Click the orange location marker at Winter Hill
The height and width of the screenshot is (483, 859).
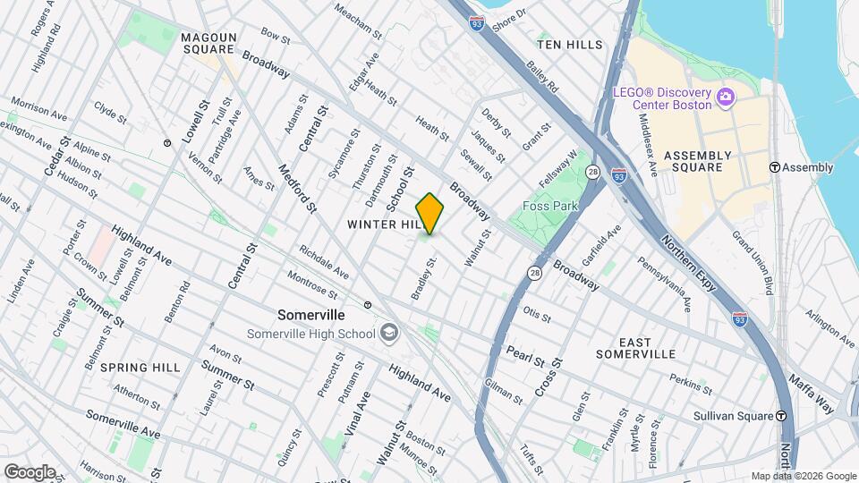click(430, 213)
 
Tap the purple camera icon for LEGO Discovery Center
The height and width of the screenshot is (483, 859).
click(726, 96)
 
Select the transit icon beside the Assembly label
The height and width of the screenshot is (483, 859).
click(775, 167)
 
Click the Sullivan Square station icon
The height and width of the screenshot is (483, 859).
click(781, 416)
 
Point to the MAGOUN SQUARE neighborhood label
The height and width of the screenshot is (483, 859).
click(208, 43)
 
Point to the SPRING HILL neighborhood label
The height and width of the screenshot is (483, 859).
click(140, 368)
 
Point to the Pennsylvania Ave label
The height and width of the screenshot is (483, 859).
click(664, 283)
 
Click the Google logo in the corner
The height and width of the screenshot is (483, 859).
click(30, 471)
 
